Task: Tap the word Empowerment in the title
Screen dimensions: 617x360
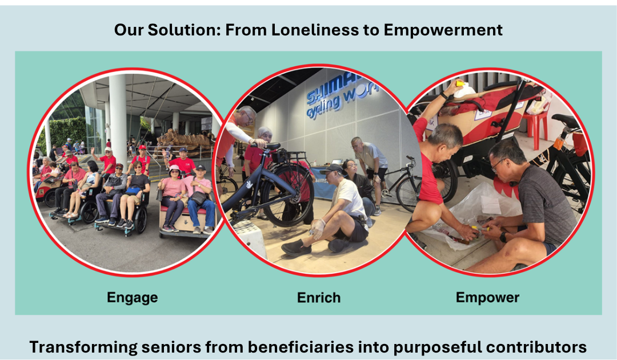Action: [443, 30]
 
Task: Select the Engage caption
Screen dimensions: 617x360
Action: [132, 298]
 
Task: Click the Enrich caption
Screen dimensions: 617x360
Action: [319, 298]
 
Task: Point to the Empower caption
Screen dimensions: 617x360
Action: [487, 298]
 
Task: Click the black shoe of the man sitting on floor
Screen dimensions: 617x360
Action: [296, 248]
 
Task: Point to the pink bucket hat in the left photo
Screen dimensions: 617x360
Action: [174, 170]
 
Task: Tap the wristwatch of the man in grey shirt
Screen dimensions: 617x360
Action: [503, 237]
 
